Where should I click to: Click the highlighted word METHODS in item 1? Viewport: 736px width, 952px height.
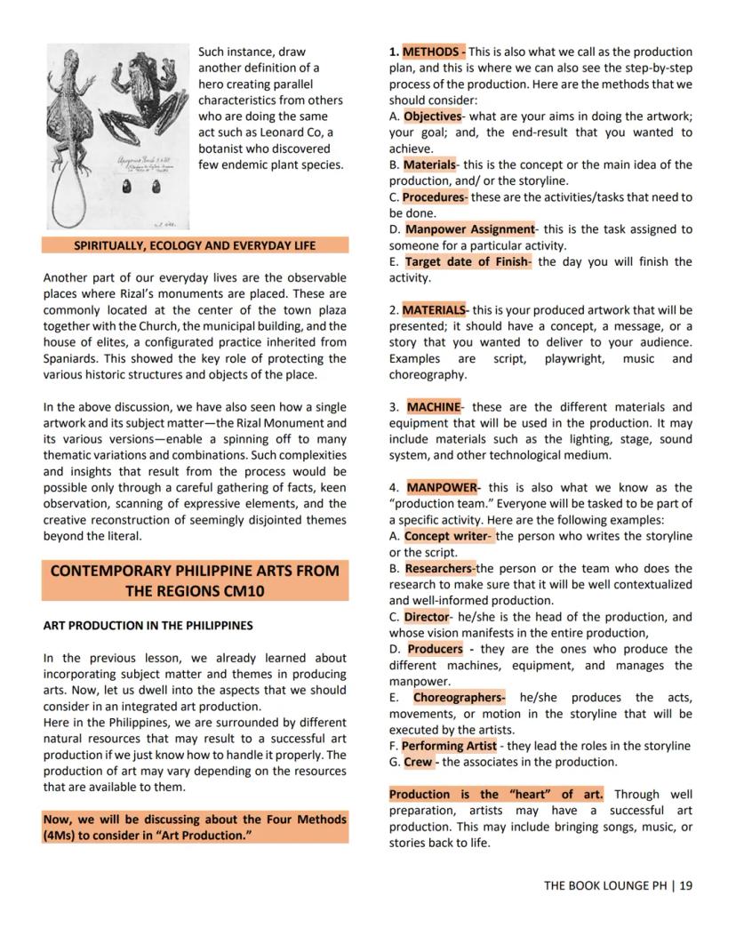click(x=433, y=52)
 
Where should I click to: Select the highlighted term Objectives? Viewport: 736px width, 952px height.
click(x=432, y=116)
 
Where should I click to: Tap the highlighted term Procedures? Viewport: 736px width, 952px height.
click(x=434, y=197)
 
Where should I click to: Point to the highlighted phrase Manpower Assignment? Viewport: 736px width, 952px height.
click(x=469, y=229)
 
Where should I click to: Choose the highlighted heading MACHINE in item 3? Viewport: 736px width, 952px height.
click(x=433, y=407)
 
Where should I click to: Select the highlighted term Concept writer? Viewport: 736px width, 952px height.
click(x=446, y=537)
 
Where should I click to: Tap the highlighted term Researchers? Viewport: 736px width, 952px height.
click(x=438, y=569)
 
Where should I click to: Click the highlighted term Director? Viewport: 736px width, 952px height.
click(x=426, y=617)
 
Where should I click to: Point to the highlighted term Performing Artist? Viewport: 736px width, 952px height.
click(x=449, y=747)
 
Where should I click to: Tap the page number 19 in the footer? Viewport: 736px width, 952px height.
click(x=686, y=885)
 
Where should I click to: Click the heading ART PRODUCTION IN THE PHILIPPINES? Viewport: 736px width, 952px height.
click(x=148, y=626)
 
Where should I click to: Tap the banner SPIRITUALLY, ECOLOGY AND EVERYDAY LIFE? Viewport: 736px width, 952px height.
click(x=195, y=245)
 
